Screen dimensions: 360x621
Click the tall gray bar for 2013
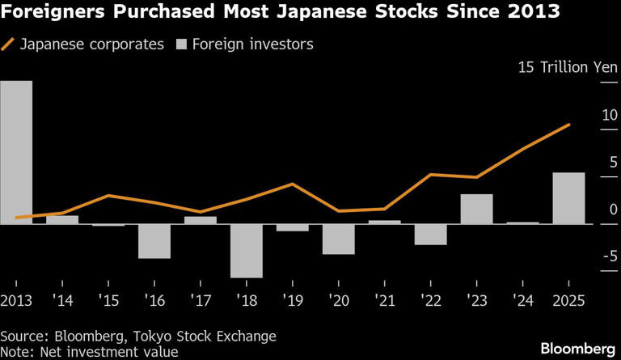16,152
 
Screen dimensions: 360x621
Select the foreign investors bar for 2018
247,251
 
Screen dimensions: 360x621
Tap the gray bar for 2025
568,198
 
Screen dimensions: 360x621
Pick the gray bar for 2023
476,209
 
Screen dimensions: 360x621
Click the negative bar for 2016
154,241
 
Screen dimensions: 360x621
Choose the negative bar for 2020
339,239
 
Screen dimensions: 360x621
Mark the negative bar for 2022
430,235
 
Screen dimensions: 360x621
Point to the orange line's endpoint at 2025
569,125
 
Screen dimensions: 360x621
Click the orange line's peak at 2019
292,184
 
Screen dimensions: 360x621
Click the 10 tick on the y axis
609,115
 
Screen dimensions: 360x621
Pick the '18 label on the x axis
247,299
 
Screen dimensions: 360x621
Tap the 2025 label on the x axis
568,299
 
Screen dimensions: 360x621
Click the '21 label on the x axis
385,299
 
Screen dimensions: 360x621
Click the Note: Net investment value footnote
89,352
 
